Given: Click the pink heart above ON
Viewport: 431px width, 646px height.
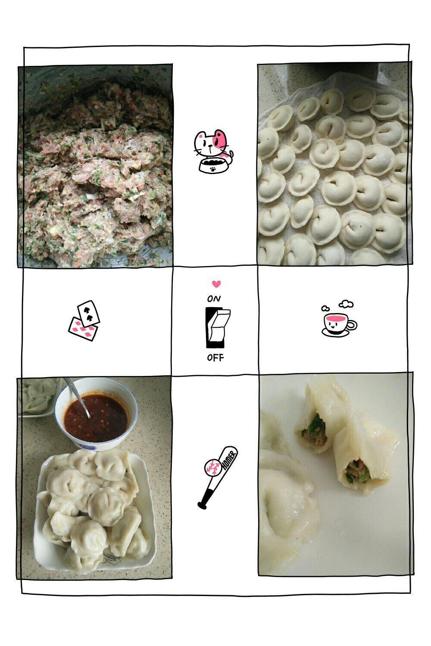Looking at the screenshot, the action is pyautogui.click(x=216, y=284).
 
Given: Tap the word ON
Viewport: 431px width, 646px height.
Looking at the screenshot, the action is pyautogui.click(x=214, y=299).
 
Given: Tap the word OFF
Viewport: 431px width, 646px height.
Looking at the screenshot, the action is pyautogui.click(x=215, y=358).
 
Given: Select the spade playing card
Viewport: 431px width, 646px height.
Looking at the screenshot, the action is pyautogui.click(x=89, y=312).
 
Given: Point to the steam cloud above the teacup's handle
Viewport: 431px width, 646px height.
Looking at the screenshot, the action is pyautogui.click(x=346, y=304).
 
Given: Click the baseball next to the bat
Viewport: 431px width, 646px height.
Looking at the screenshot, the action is pyautogui.click(x=213, y=467).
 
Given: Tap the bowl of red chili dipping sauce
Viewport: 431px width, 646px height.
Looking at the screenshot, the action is pyautogui.click(x=96, y=414).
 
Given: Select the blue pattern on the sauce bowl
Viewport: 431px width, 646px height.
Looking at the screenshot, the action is pyautogui.click(x=87, y=447).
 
